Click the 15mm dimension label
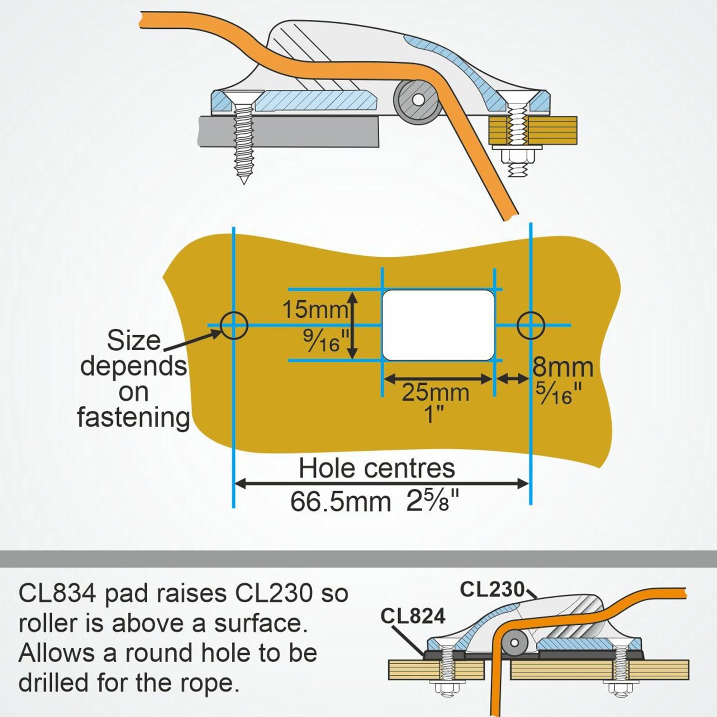click(315, 309)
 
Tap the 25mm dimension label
click(435, 393)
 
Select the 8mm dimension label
click(562, 367)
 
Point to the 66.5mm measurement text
click(340, 502)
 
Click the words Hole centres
click(377, 469)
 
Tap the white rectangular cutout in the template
click(438, 325)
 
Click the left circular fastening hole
click(233, 325)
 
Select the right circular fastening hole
click(531, 325)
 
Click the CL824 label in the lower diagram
click(413, 617)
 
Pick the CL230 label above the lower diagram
click(492, 589)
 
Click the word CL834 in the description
click(57, 593)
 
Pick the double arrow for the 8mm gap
click(513, 379)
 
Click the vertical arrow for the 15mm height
click(353, 325)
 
